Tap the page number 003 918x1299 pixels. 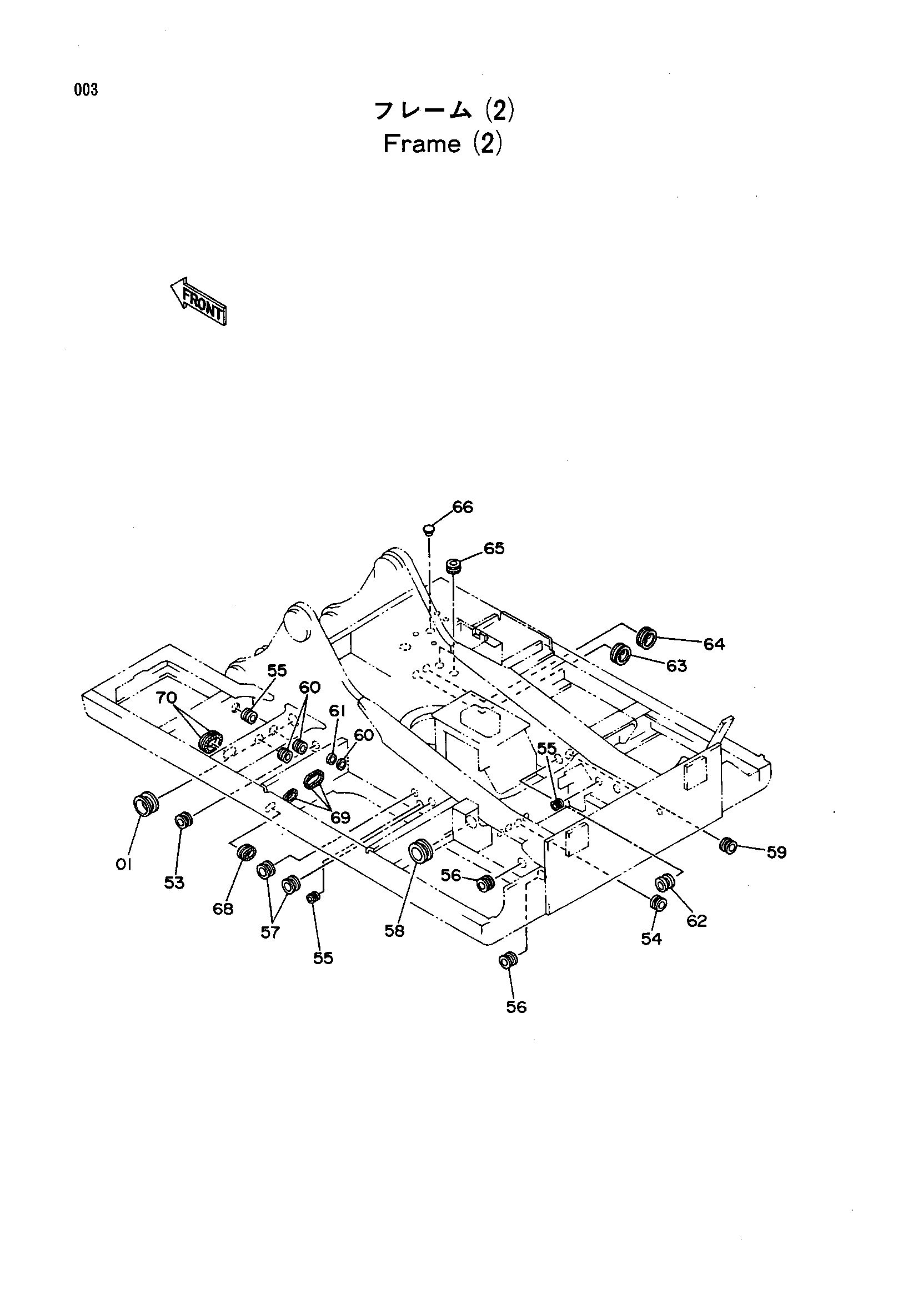86,90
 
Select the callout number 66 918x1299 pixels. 463,507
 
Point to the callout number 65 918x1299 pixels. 494,548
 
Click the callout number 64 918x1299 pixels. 714,644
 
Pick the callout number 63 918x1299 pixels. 676,666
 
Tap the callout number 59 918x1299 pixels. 776,852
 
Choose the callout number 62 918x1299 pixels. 697,921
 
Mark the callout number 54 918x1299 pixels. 651,939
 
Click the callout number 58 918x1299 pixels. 394,931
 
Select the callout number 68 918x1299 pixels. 223,909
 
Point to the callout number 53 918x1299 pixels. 174,882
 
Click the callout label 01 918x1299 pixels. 123,864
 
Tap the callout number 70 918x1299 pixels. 166,698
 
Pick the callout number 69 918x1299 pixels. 340,817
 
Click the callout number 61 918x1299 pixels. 337,711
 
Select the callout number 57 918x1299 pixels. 270,932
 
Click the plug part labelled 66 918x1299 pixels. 429,530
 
